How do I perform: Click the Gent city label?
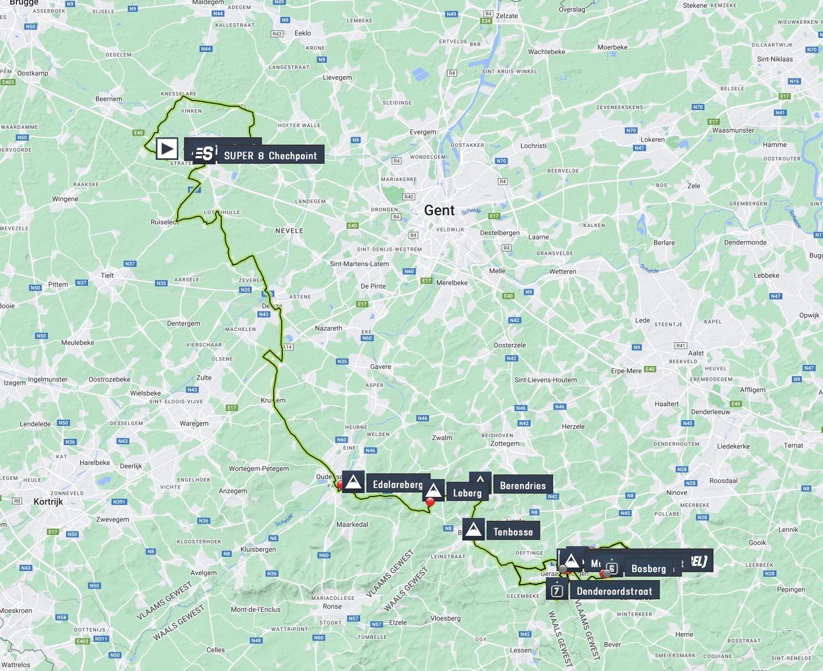[x=439, y=210]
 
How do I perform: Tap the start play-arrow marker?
[x=167, y=149]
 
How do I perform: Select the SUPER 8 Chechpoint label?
[x=270, y=156]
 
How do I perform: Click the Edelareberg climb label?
[x=397, y=485]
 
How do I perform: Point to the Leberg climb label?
[x=467, y=493]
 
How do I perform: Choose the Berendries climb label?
[x=522, y=485]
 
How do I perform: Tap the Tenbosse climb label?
[x=513, y=531]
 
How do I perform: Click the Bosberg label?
[x=648, y=569]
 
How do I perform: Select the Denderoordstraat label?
[x=614, y=591]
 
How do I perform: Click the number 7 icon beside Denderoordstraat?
[x=557, y=591]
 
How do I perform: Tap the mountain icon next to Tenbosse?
[x=472, y=530]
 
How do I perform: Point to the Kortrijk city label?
[x=48, y=502]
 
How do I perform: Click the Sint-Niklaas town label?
[x=774, y=59]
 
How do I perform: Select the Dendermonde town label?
[x=745, y=242]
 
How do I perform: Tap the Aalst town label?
[x=696, y=353]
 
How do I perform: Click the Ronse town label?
[x=332, y=607]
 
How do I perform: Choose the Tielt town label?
[x=107, y=276]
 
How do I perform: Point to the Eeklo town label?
[x=303, y=33]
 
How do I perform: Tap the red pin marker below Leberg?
[x=430, y=502]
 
